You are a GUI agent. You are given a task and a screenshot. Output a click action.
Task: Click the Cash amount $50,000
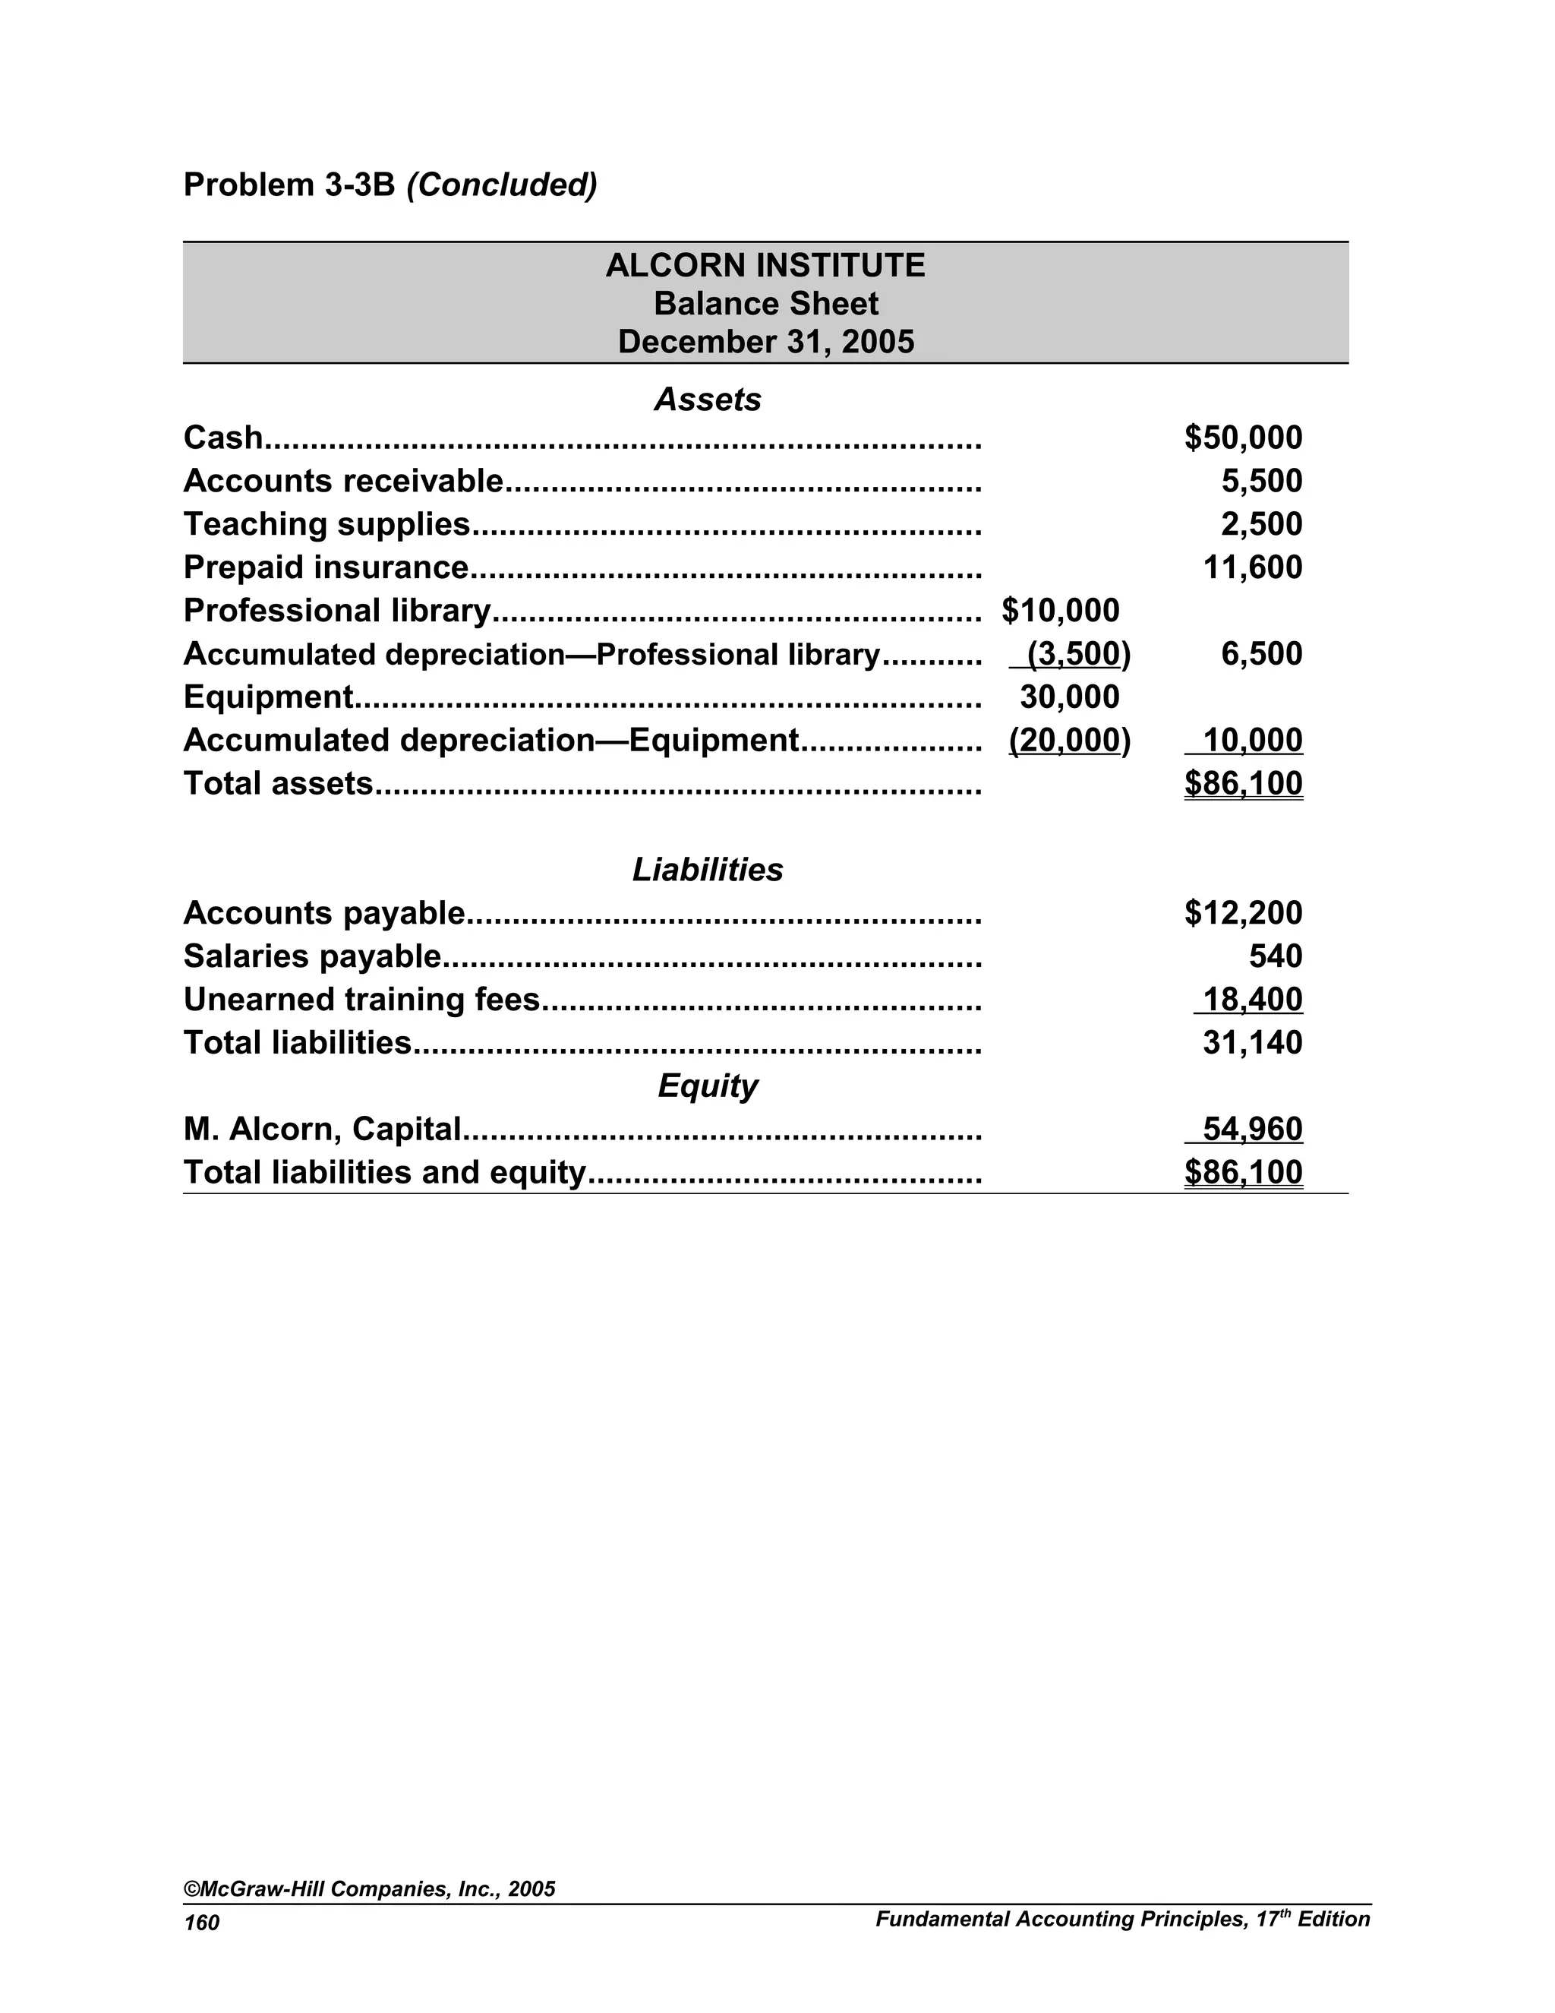coord(1243,438)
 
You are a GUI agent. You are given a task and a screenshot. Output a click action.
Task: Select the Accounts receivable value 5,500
coord(1261,481)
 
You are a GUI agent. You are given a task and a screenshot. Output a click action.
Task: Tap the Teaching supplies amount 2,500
coord(1261,524)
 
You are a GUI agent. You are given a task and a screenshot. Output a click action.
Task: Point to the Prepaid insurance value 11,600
coord(1252,567)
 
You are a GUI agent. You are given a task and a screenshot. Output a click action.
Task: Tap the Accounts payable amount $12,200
coord(1243,913)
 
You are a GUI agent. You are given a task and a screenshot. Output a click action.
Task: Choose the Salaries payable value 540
coord(1275,956)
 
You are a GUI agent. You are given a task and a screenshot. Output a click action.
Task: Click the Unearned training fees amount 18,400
coord(1252,1000)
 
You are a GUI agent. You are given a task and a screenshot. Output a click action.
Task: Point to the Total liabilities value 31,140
coord(1252,1044)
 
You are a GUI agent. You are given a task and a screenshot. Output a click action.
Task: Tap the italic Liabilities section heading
coord(708,870)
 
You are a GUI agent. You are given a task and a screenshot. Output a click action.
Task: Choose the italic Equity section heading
coord(708,1086)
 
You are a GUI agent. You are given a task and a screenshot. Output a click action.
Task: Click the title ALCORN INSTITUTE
coord(765,265)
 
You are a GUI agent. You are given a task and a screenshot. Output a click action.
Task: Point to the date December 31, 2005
coord(765,342)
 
